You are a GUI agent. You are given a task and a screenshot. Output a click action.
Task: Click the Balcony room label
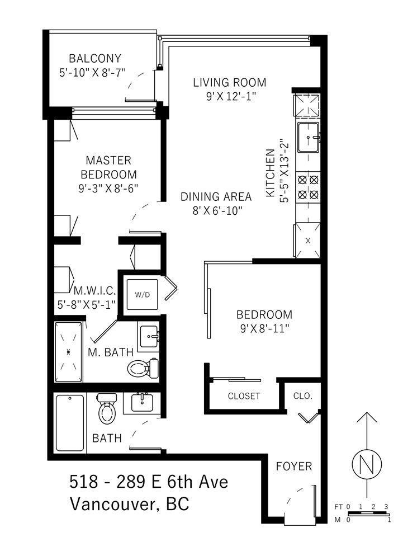pos(95,59)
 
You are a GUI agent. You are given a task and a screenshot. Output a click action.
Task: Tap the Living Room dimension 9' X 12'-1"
pos(231,97)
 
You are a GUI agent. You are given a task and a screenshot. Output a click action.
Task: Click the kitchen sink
pos(309,138)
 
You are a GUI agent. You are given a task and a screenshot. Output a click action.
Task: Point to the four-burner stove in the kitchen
pos(309,187)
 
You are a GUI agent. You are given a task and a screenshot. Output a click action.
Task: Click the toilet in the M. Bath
pos(143,368)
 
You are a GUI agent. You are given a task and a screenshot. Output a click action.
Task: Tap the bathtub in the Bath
pos(70,423)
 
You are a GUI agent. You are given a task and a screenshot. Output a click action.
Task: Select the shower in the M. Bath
pos(69,352)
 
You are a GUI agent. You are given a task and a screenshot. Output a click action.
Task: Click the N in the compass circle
pos(367,464)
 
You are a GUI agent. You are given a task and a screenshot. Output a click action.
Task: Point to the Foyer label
pos(294,466)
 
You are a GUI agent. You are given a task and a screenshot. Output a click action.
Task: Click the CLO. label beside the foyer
pos(303,396)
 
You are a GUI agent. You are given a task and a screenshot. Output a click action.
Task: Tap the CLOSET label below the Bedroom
pos(244,396)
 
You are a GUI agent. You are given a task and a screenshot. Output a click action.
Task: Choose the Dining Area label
pos(216,196)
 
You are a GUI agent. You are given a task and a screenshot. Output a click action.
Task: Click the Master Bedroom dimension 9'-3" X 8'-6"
pos(108,189)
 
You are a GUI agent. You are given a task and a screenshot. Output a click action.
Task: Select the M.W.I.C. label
pos(95,291)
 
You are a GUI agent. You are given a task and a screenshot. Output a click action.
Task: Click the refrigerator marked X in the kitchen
pos(308,240)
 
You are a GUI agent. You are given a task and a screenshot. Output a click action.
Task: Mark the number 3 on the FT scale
pos(386,507)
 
